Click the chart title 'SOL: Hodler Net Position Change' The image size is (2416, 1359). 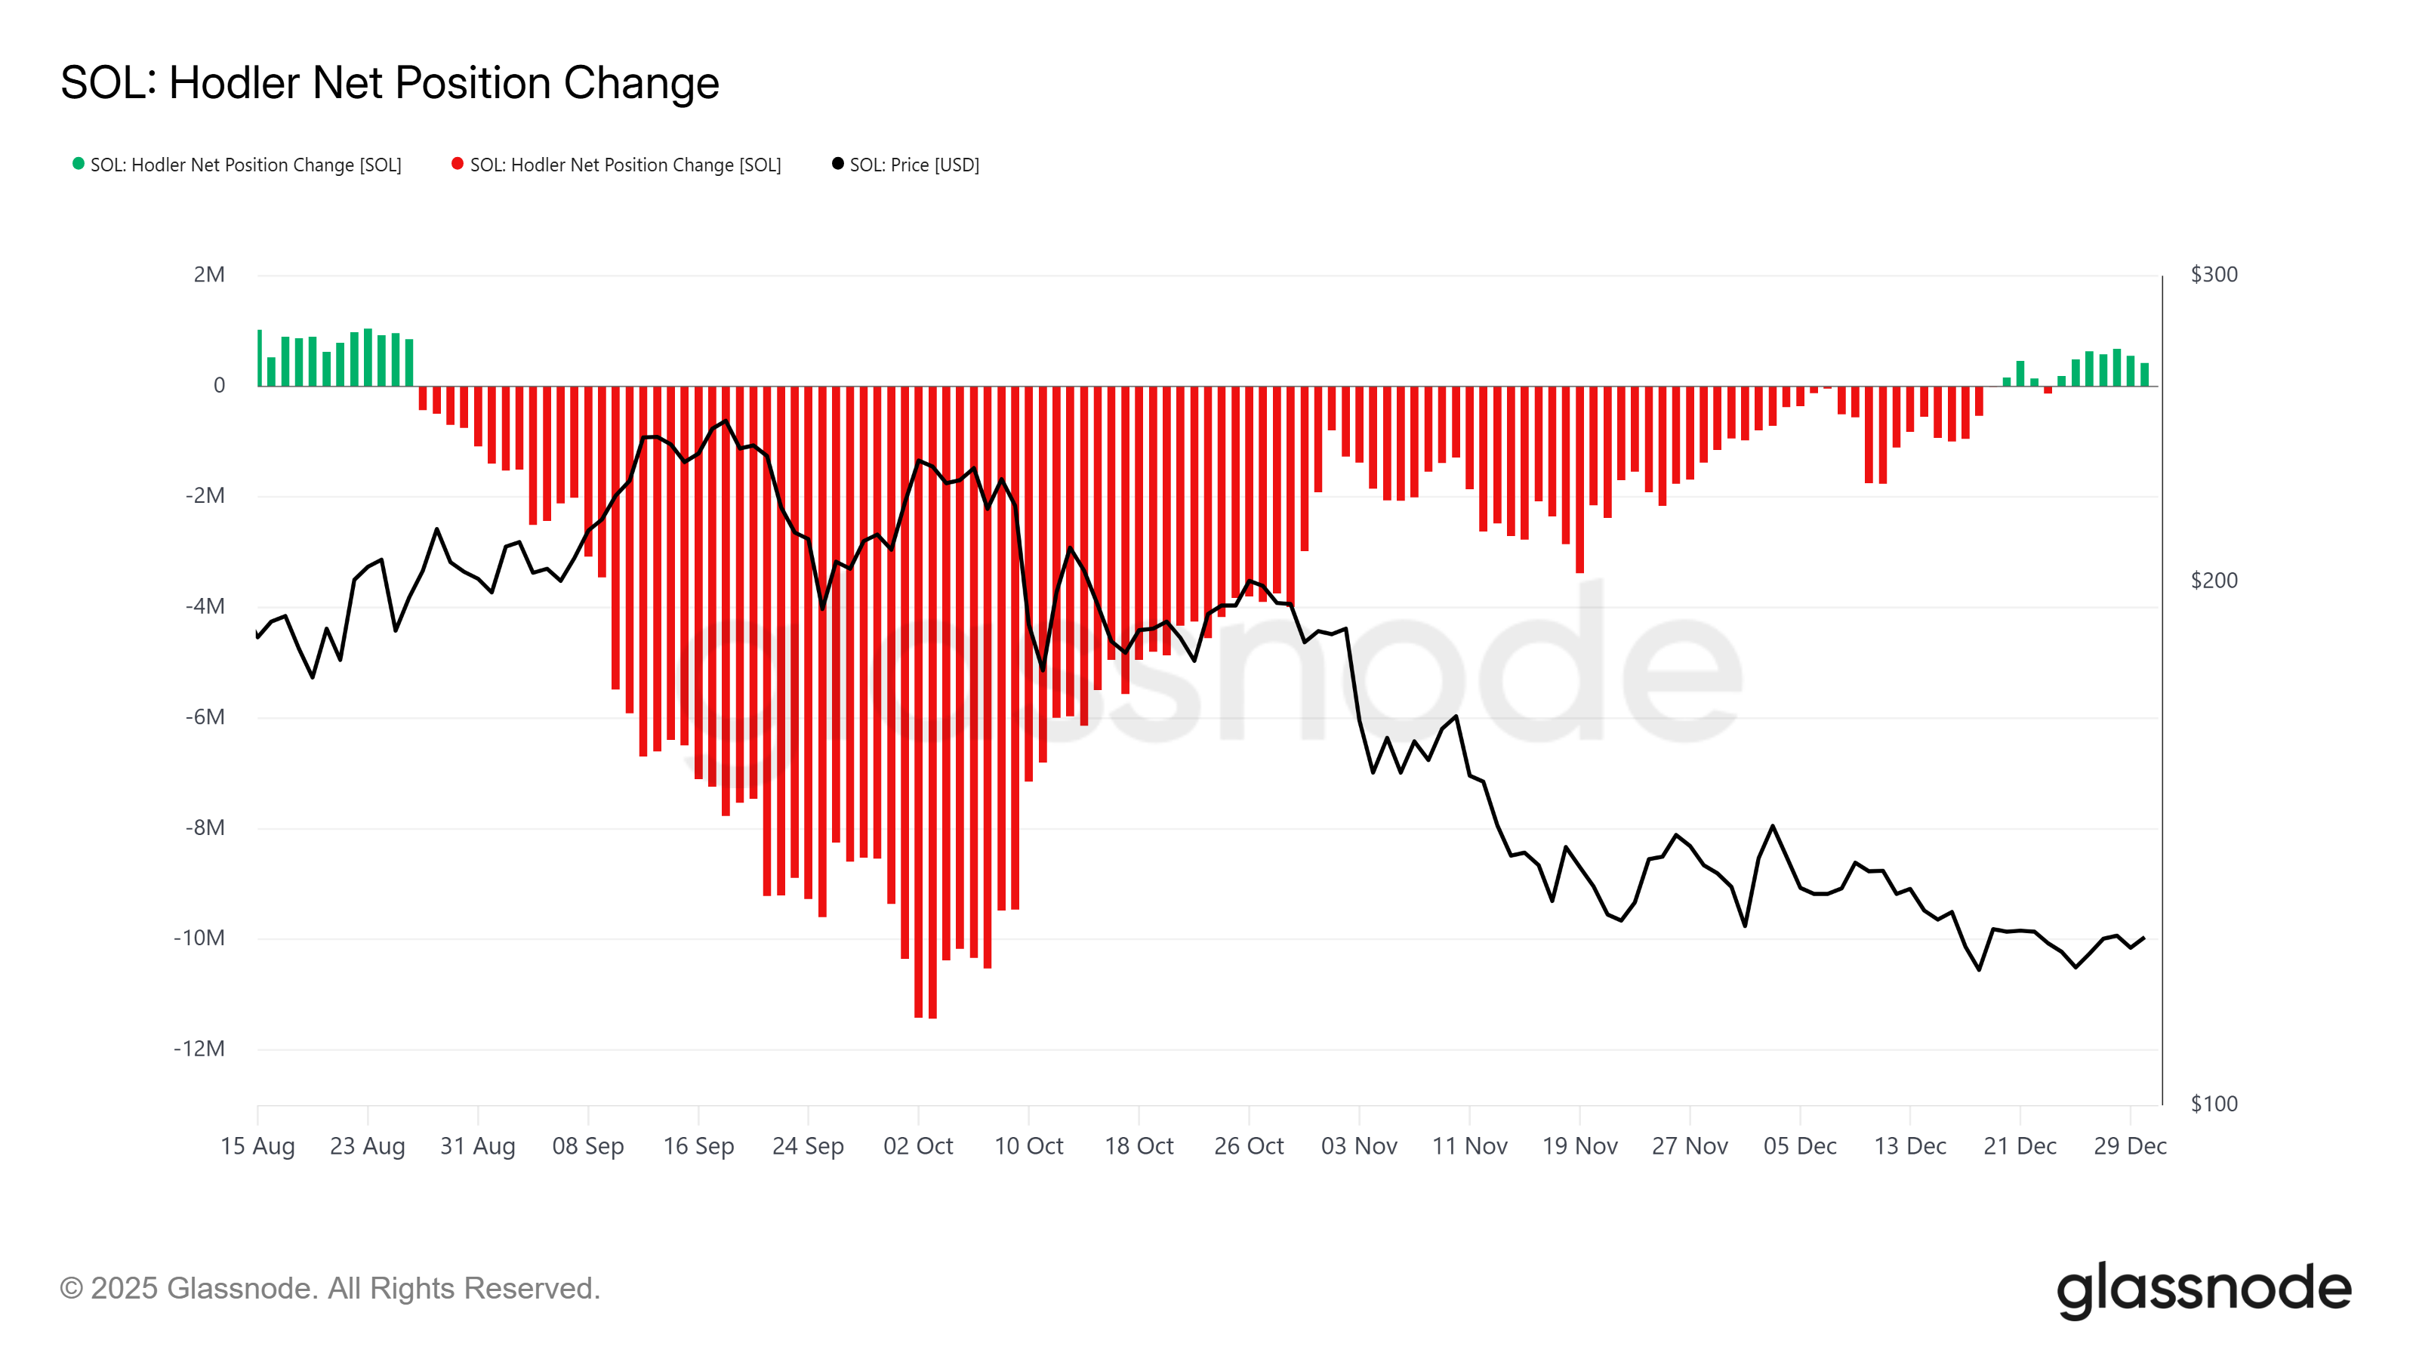pyautogui.click(x=390, y=84)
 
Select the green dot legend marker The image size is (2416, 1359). pyautogui.click(x=79, y=163)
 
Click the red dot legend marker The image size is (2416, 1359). pyautogui.click(x=458, y=163)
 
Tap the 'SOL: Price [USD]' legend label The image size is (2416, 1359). pyautogui.click(x=914, y=165)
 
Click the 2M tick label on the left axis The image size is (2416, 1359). pyautogui.click(x=209, y=275)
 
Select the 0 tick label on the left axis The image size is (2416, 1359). pyautogui.click(x=220, y=386)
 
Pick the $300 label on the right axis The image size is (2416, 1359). pyautogui.click(x=2214, y=275)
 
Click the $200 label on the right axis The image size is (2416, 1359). pyautogui.click(x=2214, y=581)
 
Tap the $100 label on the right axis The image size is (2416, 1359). pyautogui.click(x=2214, y=1104)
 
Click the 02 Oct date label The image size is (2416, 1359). pyautogui.click(x=917, y=1146)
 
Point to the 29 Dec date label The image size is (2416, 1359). pyautogui.click(x=2129, y=1146)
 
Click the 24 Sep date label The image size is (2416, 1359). pyautogui.click(x=808, y=1146)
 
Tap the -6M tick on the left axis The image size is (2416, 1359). pyautogui.click(x=205, y=717)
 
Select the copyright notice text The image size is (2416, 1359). pyautogui.click(x=329, y=1289)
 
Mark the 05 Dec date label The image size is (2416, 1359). pyautogui.click(x=1799, y=1146)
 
